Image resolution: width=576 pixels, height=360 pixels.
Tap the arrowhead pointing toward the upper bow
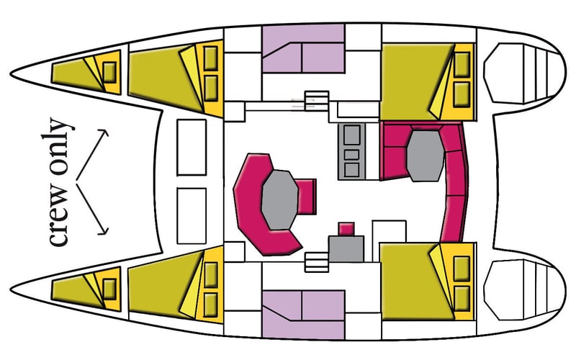coord(104,133)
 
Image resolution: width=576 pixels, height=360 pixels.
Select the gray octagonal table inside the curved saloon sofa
coord(279,200)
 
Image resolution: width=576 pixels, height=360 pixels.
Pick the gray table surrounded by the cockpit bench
coord(425,156)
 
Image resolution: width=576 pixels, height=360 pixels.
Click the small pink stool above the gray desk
coord(346,228)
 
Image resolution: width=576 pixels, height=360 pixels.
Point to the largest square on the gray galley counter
coord(351,135)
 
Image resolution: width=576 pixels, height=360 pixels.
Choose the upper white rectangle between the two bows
coord(192,148)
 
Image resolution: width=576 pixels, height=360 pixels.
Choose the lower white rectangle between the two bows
coord(192,216)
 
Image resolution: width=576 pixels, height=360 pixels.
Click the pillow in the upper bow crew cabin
coord(109,73)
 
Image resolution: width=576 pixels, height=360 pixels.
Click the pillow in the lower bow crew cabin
coord(109,289)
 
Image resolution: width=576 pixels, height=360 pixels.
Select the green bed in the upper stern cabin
coord(415,81)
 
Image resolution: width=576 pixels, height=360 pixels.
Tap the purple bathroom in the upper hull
coord(303,48)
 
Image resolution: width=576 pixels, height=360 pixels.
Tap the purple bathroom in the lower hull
coord(303,315)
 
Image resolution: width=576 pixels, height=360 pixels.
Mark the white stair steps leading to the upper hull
coord(317,101)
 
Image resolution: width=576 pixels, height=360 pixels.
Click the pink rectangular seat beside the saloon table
coord(307,196)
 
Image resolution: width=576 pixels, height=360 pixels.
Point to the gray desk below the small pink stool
coord(346,248)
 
